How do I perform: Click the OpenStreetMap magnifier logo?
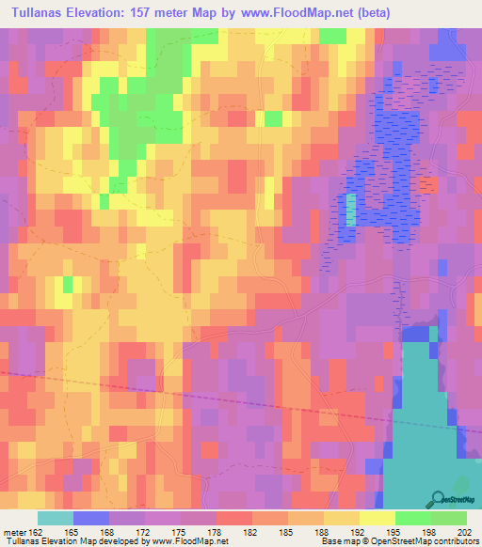pyautogui.click(x=438, y=499)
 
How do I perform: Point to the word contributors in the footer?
pyautogui.click(x=455, y=540)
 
